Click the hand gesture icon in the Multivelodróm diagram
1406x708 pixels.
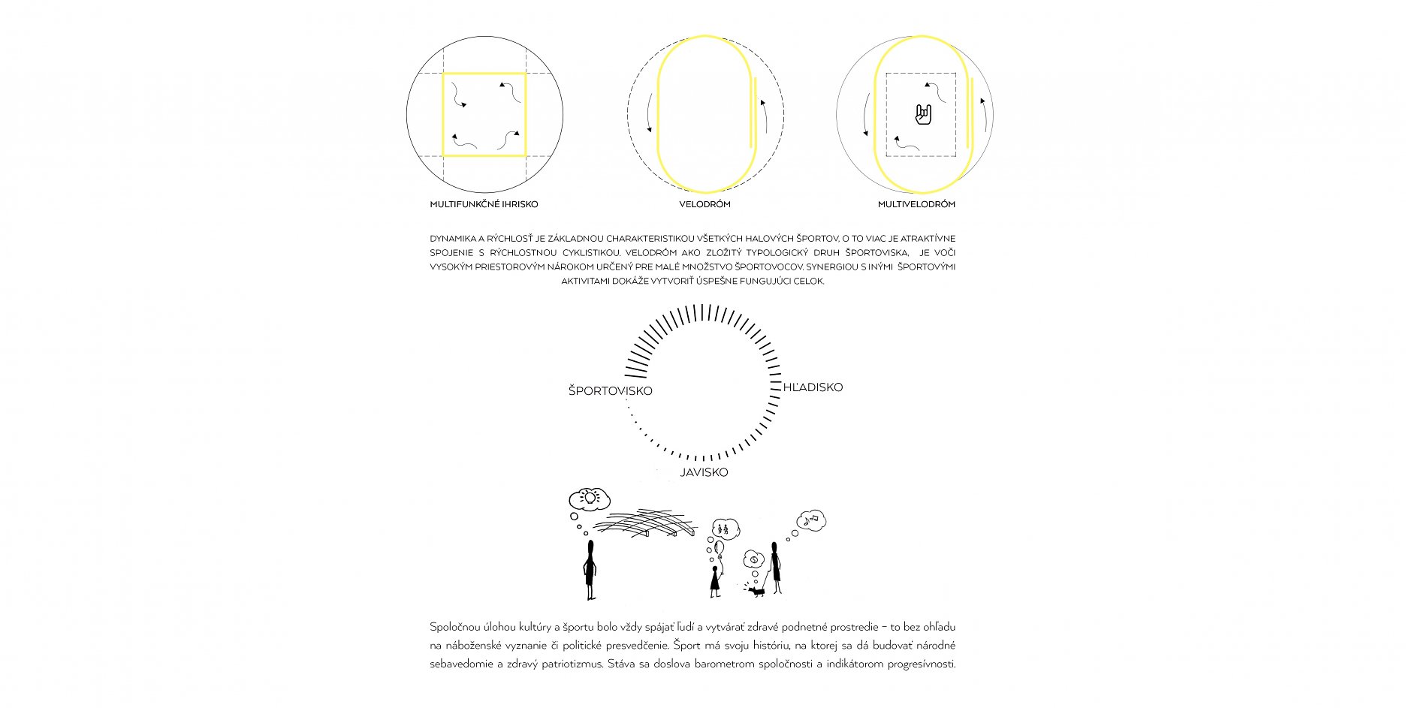click(x=923, y=115)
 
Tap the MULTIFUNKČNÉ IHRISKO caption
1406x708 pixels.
click(x=484, y=204)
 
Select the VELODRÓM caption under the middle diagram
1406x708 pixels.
click(x=705, y=204)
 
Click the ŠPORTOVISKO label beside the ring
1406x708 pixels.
click(x=610, y=390)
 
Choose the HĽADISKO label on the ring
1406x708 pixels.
click(x=813, y=387)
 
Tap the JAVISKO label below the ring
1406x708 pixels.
click(x=704, y=472)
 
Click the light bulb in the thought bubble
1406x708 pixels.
click(x=591, y=497)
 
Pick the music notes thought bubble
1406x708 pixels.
click(x=811, y=520)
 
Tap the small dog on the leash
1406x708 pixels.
click(x=756, y=591)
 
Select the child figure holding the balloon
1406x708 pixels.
click(x=715, y=581)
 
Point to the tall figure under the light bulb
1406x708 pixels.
click(x=590, y=570)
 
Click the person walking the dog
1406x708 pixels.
click(x=775, y=568)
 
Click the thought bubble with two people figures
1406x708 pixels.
click(x=725, y=529)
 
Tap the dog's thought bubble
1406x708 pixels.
click(x=753, y=559)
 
